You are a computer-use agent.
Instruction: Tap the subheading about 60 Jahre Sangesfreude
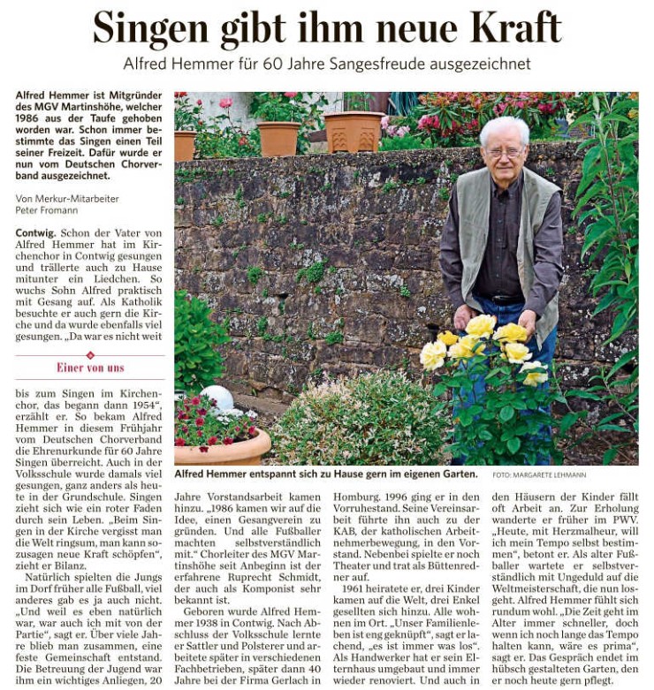point(326,64)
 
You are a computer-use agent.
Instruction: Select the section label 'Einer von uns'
point(90,368)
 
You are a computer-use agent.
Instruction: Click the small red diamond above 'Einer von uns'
point(90,355)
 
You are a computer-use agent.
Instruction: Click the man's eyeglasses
point(505,152)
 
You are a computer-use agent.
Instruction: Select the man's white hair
point(505,131)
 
